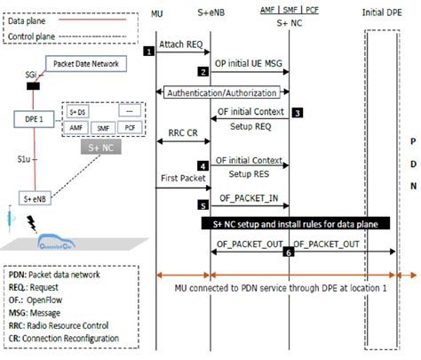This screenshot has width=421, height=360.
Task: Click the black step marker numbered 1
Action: (150, 51)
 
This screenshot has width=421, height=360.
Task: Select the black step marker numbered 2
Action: (203, 71)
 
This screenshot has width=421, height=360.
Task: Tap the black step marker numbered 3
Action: (298, 113)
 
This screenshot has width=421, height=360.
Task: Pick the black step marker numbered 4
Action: (203, 165)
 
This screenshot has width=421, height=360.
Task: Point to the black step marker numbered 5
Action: (203, 203)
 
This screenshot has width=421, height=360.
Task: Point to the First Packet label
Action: (182, 178)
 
